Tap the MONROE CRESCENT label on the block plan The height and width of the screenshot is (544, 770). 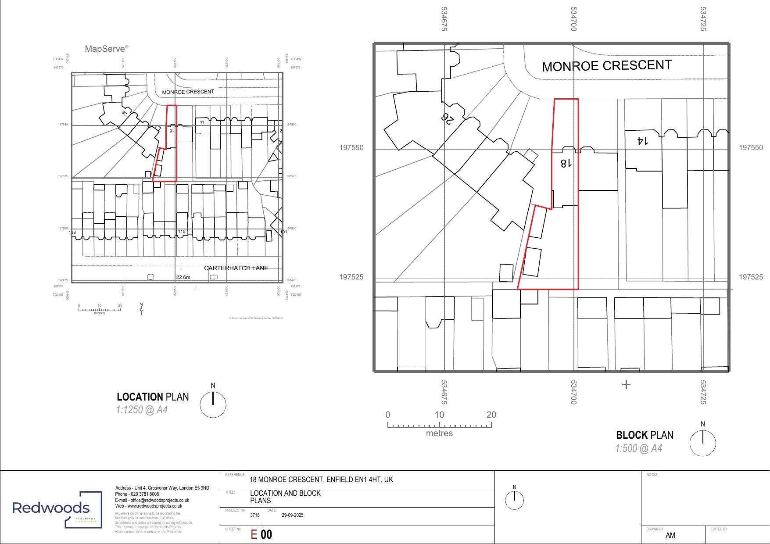point(606,66)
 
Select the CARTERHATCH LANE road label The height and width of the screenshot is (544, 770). point(236,268)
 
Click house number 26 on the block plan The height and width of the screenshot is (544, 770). point(448,118)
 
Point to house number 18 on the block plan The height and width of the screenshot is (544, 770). point(566,163)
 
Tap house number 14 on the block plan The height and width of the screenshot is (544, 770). point(642,141)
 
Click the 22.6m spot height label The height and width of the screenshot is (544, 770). point(183,277)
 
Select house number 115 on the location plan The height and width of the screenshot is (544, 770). point(182,232)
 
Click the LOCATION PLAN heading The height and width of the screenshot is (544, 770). point(152,397)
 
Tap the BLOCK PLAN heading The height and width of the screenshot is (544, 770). point(644,435)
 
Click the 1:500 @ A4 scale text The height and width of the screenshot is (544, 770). point(638,448)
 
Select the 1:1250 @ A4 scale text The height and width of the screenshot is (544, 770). point(142,410)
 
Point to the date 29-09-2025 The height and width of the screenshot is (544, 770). point(292,515)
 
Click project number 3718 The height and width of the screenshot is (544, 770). point(254,515)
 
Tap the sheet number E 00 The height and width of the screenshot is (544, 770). point(261,534)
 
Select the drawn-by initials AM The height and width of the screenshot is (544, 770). point(670,535)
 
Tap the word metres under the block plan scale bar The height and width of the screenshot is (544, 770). point(439,433)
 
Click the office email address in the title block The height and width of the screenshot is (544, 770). point(152,500)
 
